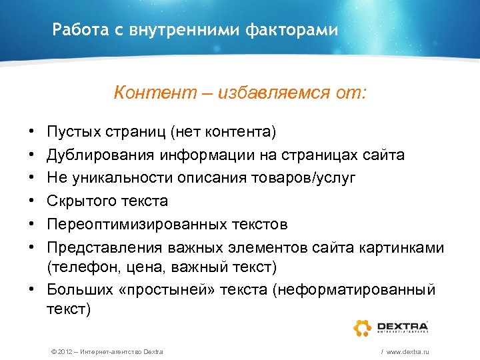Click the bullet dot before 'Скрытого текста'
[33, 201]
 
